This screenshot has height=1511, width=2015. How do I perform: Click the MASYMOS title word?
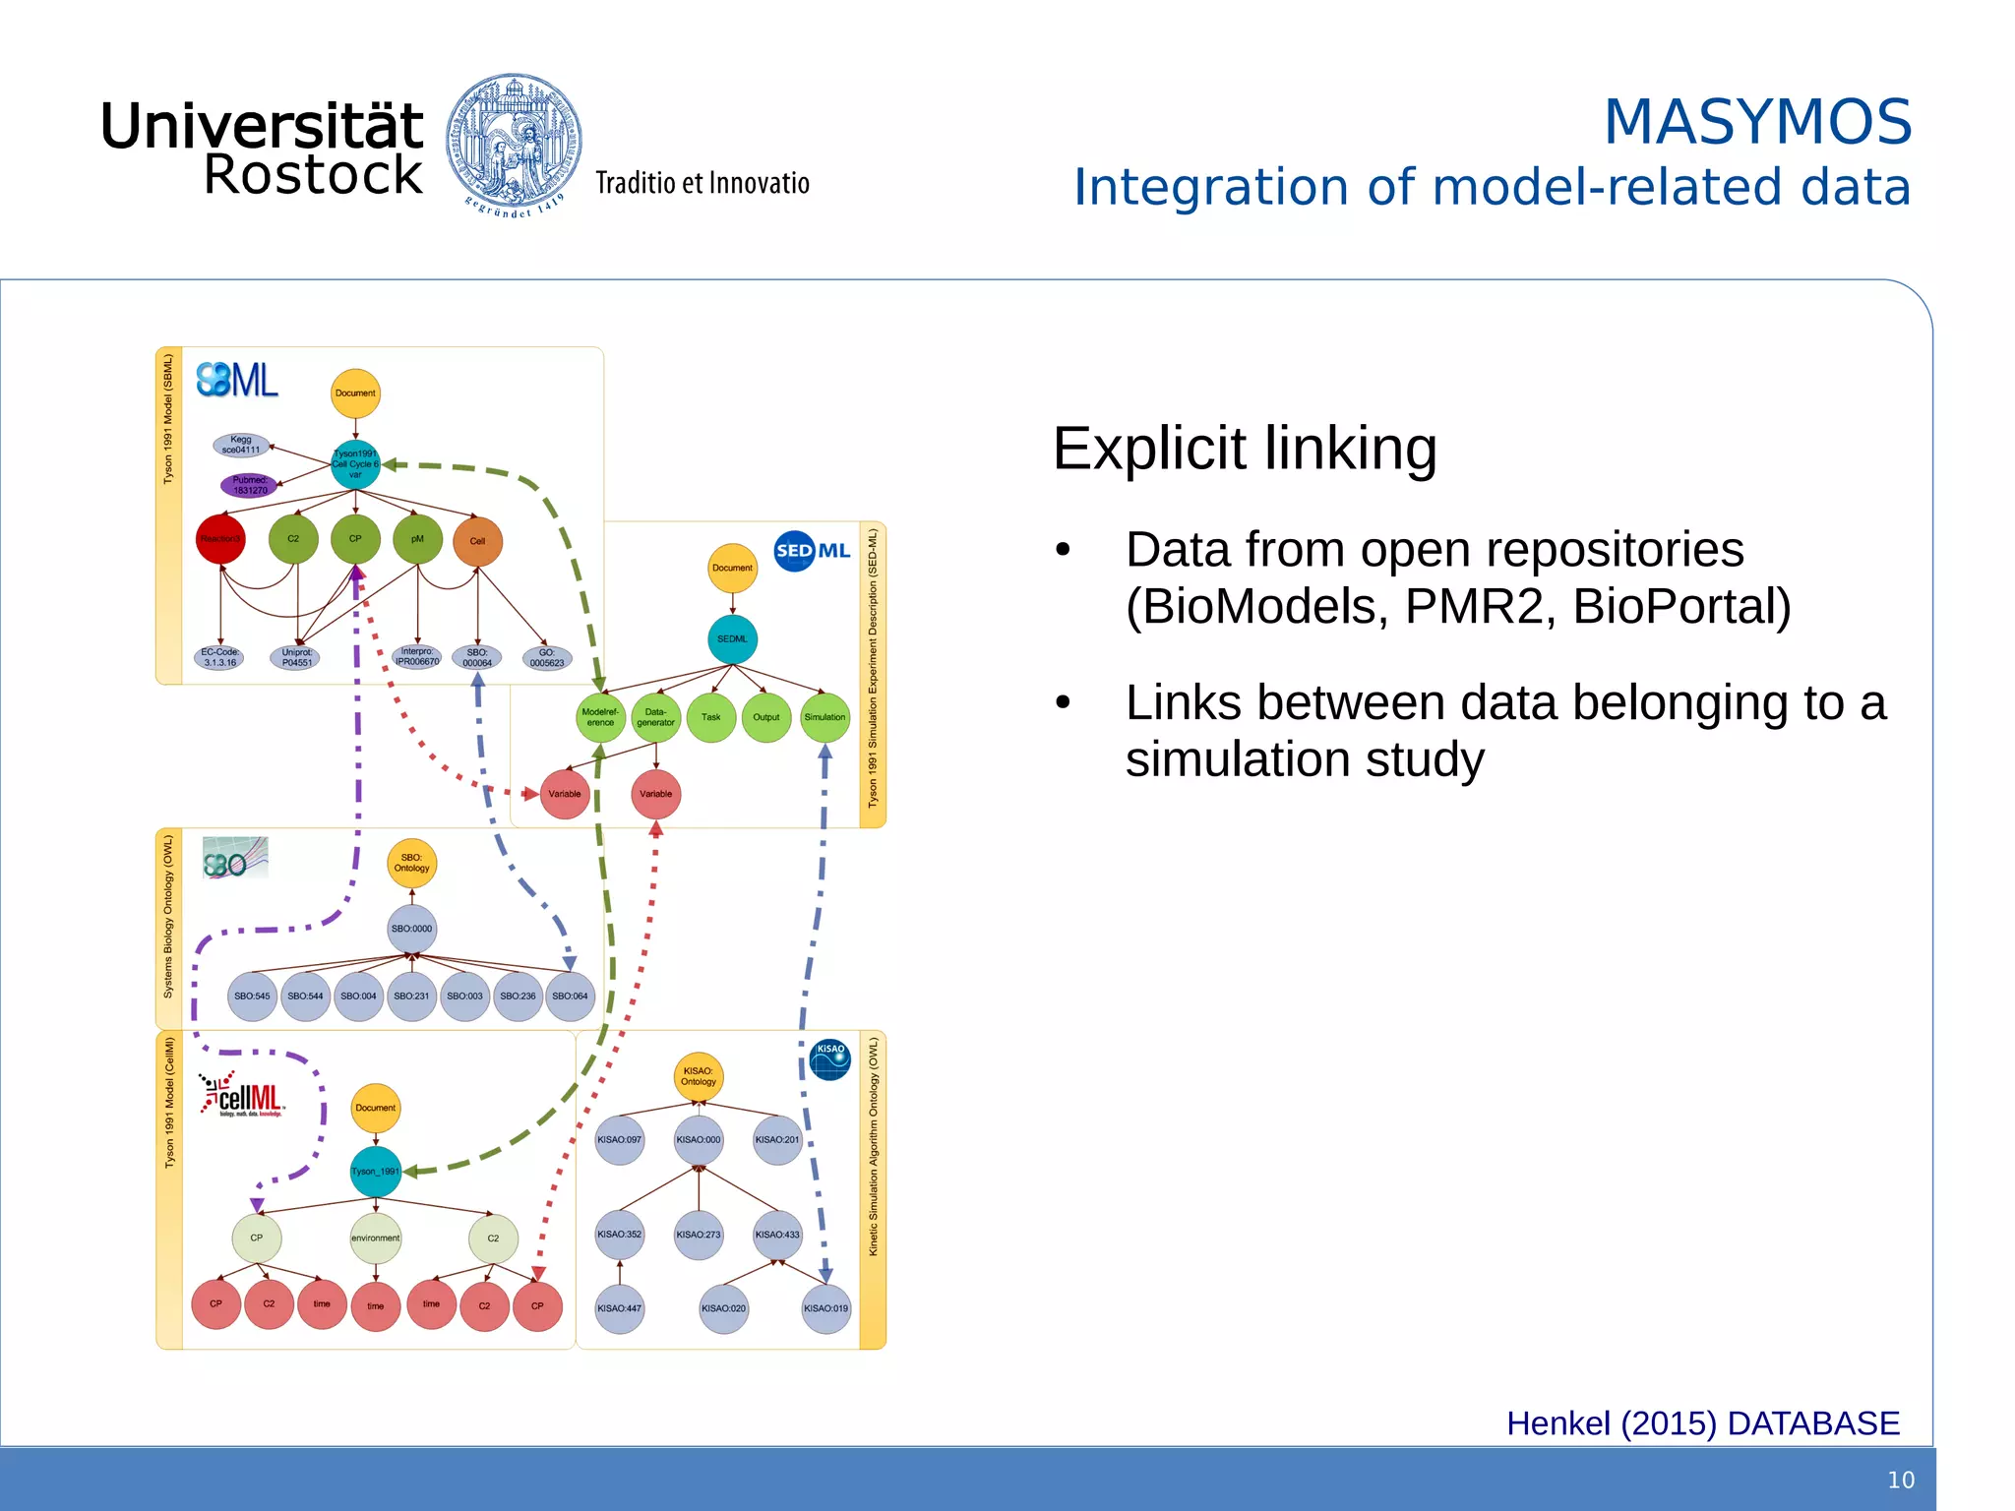(x=1757, y=122)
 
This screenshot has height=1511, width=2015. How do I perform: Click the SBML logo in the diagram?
(x=237, y=380)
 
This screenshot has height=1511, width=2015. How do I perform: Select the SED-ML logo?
(x=812, y=551)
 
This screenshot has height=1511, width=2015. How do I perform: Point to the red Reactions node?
(x=220, y=539)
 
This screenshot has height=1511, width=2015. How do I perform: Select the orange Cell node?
(x=477, y=541)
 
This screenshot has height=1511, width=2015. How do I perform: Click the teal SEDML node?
(x=732, y=639)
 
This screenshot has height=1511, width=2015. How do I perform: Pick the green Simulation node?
(x=824, y=717)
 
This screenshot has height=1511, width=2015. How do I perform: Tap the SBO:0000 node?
(x=411, y=929)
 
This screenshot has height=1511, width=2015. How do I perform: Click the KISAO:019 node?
(x=825, y=1308)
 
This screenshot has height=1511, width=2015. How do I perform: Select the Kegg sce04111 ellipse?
(x=241, y=446)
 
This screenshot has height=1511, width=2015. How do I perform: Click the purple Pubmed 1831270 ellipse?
(x=250, y=485)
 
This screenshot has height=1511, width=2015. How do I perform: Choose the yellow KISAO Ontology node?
(x=699, y=1076)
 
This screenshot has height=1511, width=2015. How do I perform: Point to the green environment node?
(x=375, y=1238)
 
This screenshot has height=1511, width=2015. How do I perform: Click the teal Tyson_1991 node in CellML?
(x=376, y=1171)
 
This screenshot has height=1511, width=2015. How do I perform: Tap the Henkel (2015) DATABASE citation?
(x=1702, y=1423)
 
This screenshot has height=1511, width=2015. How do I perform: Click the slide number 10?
(x=1900, y=1480)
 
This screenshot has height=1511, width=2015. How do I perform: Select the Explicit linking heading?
(x=1245, y=449)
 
